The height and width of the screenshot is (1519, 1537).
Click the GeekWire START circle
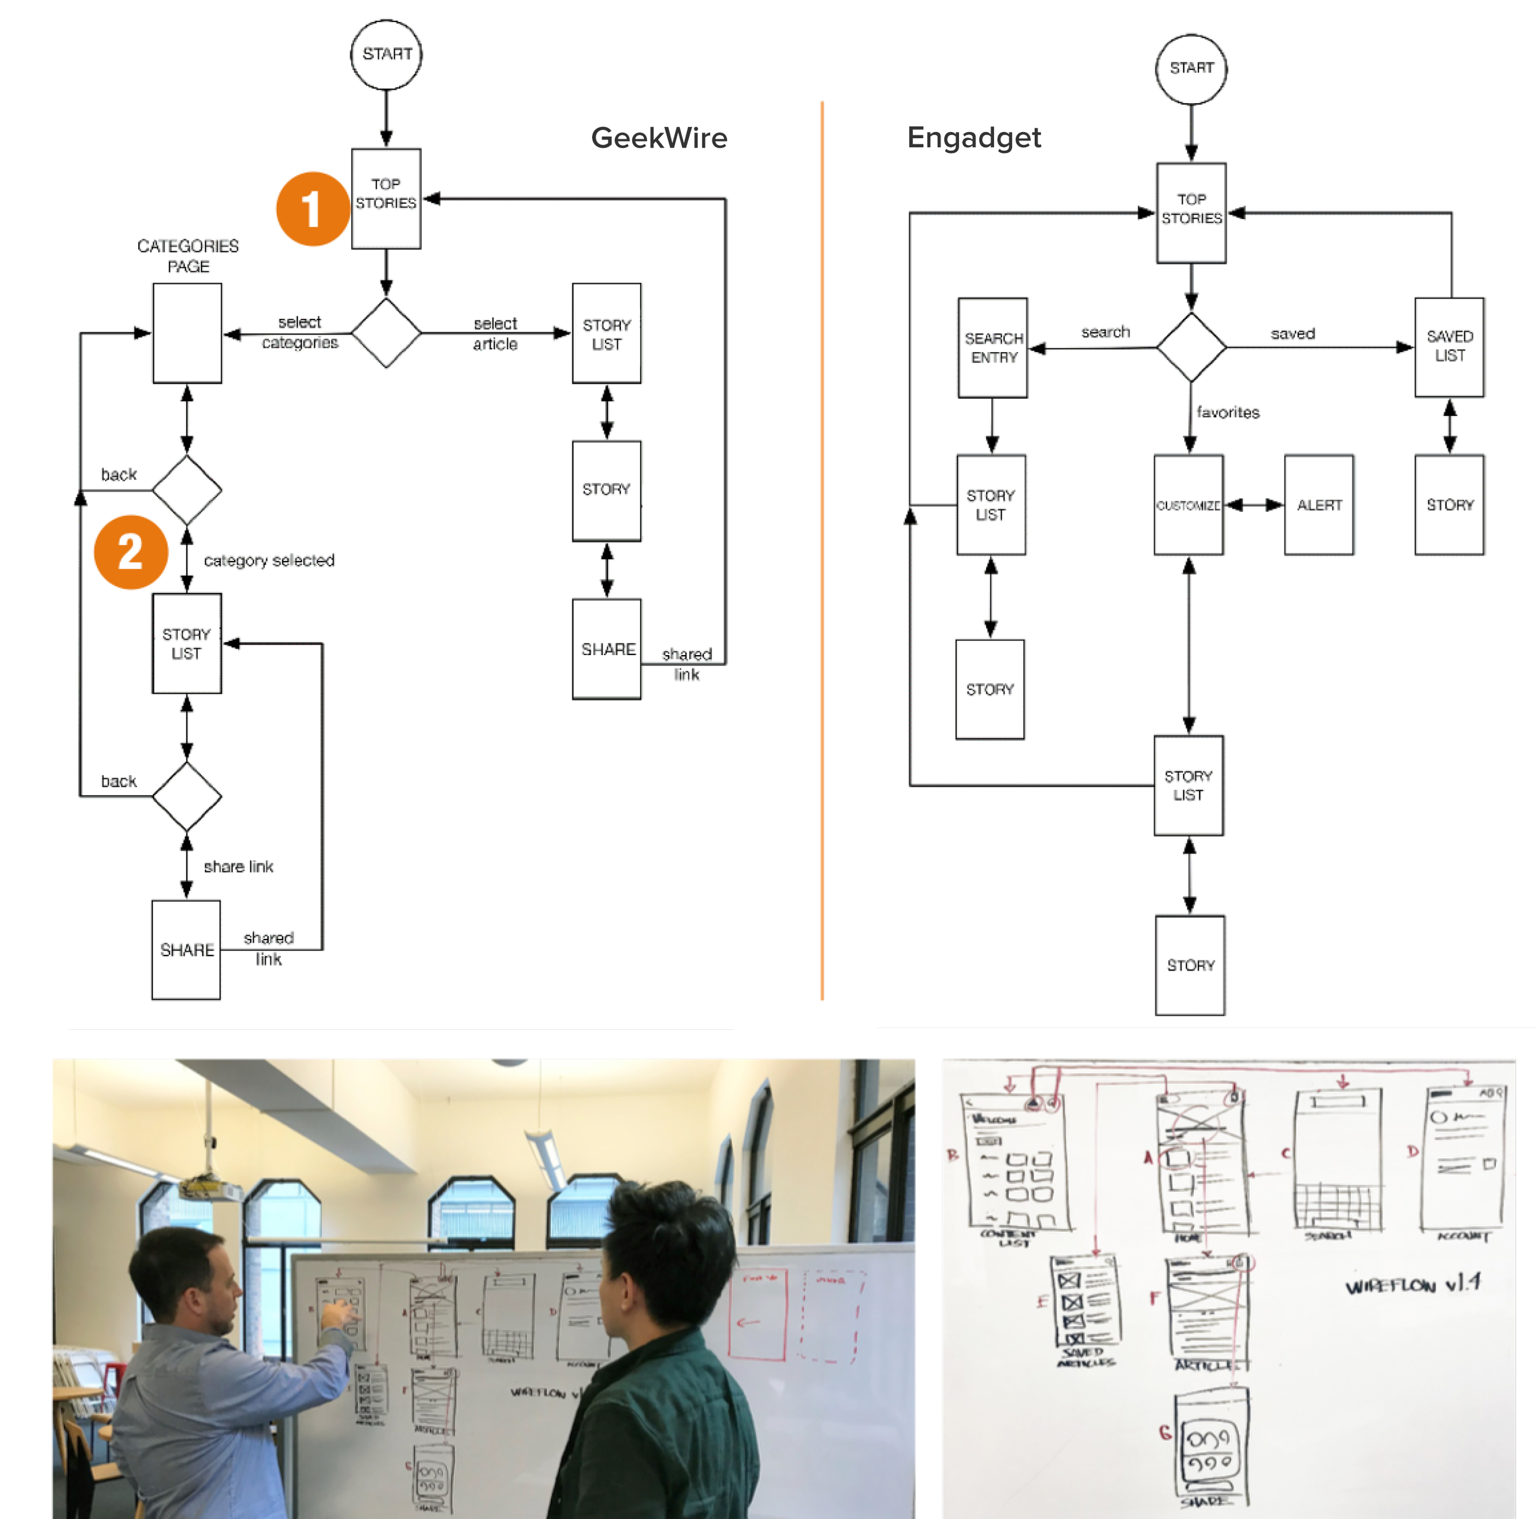[x=386, y=55]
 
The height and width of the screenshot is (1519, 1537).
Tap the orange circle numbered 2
[x=130, y=552]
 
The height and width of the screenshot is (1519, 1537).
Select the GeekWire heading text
[x=658, y=138]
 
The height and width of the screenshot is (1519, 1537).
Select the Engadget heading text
[x=974, y=138]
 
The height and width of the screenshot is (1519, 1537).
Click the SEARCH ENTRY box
[x=993, y=348]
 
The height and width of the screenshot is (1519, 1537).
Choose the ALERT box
[x=1318, y=505]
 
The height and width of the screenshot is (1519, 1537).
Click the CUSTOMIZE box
[x=1188, y=505]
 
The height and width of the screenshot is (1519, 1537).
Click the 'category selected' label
[x=269, y=560]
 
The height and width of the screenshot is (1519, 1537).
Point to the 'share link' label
[x=238, y=867]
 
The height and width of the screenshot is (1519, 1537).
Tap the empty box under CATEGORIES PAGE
[x=187, y=333]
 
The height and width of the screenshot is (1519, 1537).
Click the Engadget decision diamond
[x=1191, y=348]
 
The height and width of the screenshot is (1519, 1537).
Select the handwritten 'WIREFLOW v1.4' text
[x=1413, y=1284]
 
